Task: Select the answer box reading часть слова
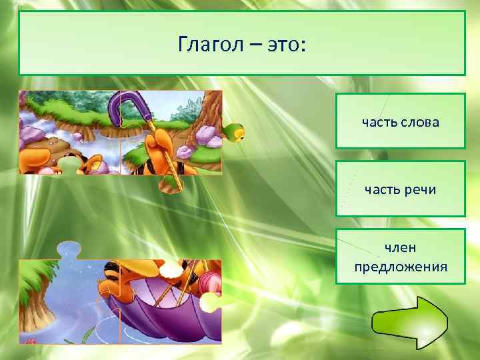(x=400, y=121)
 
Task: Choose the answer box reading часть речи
(x=400, y=189)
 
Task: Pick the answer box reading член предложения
(x=400, y=257)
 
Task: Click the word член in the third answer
(x=400, y=247)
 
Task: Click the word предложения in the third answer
(x=400, y=267)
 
